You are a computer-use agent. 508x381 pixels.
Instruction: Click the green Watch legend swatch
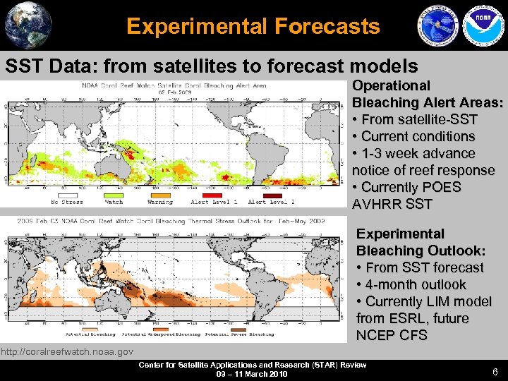pos(113,195)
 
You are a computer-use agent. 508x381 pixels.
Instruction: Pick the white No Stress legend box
pos(64,195)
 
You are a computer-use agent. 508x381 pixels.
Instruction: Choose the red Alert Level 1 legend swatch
pos(213,195)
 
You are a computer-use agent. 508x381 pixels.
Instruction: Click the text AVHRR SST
pos(390,204)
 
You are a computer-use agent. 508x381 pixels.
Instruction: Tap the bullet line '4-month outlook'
pos(411,284)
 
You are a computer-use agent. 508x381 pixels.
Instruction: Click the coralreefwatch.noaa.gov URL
pos(67,351)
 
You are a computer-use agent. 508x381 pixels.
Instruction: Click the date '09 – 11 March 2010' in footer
pos(253,374)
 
